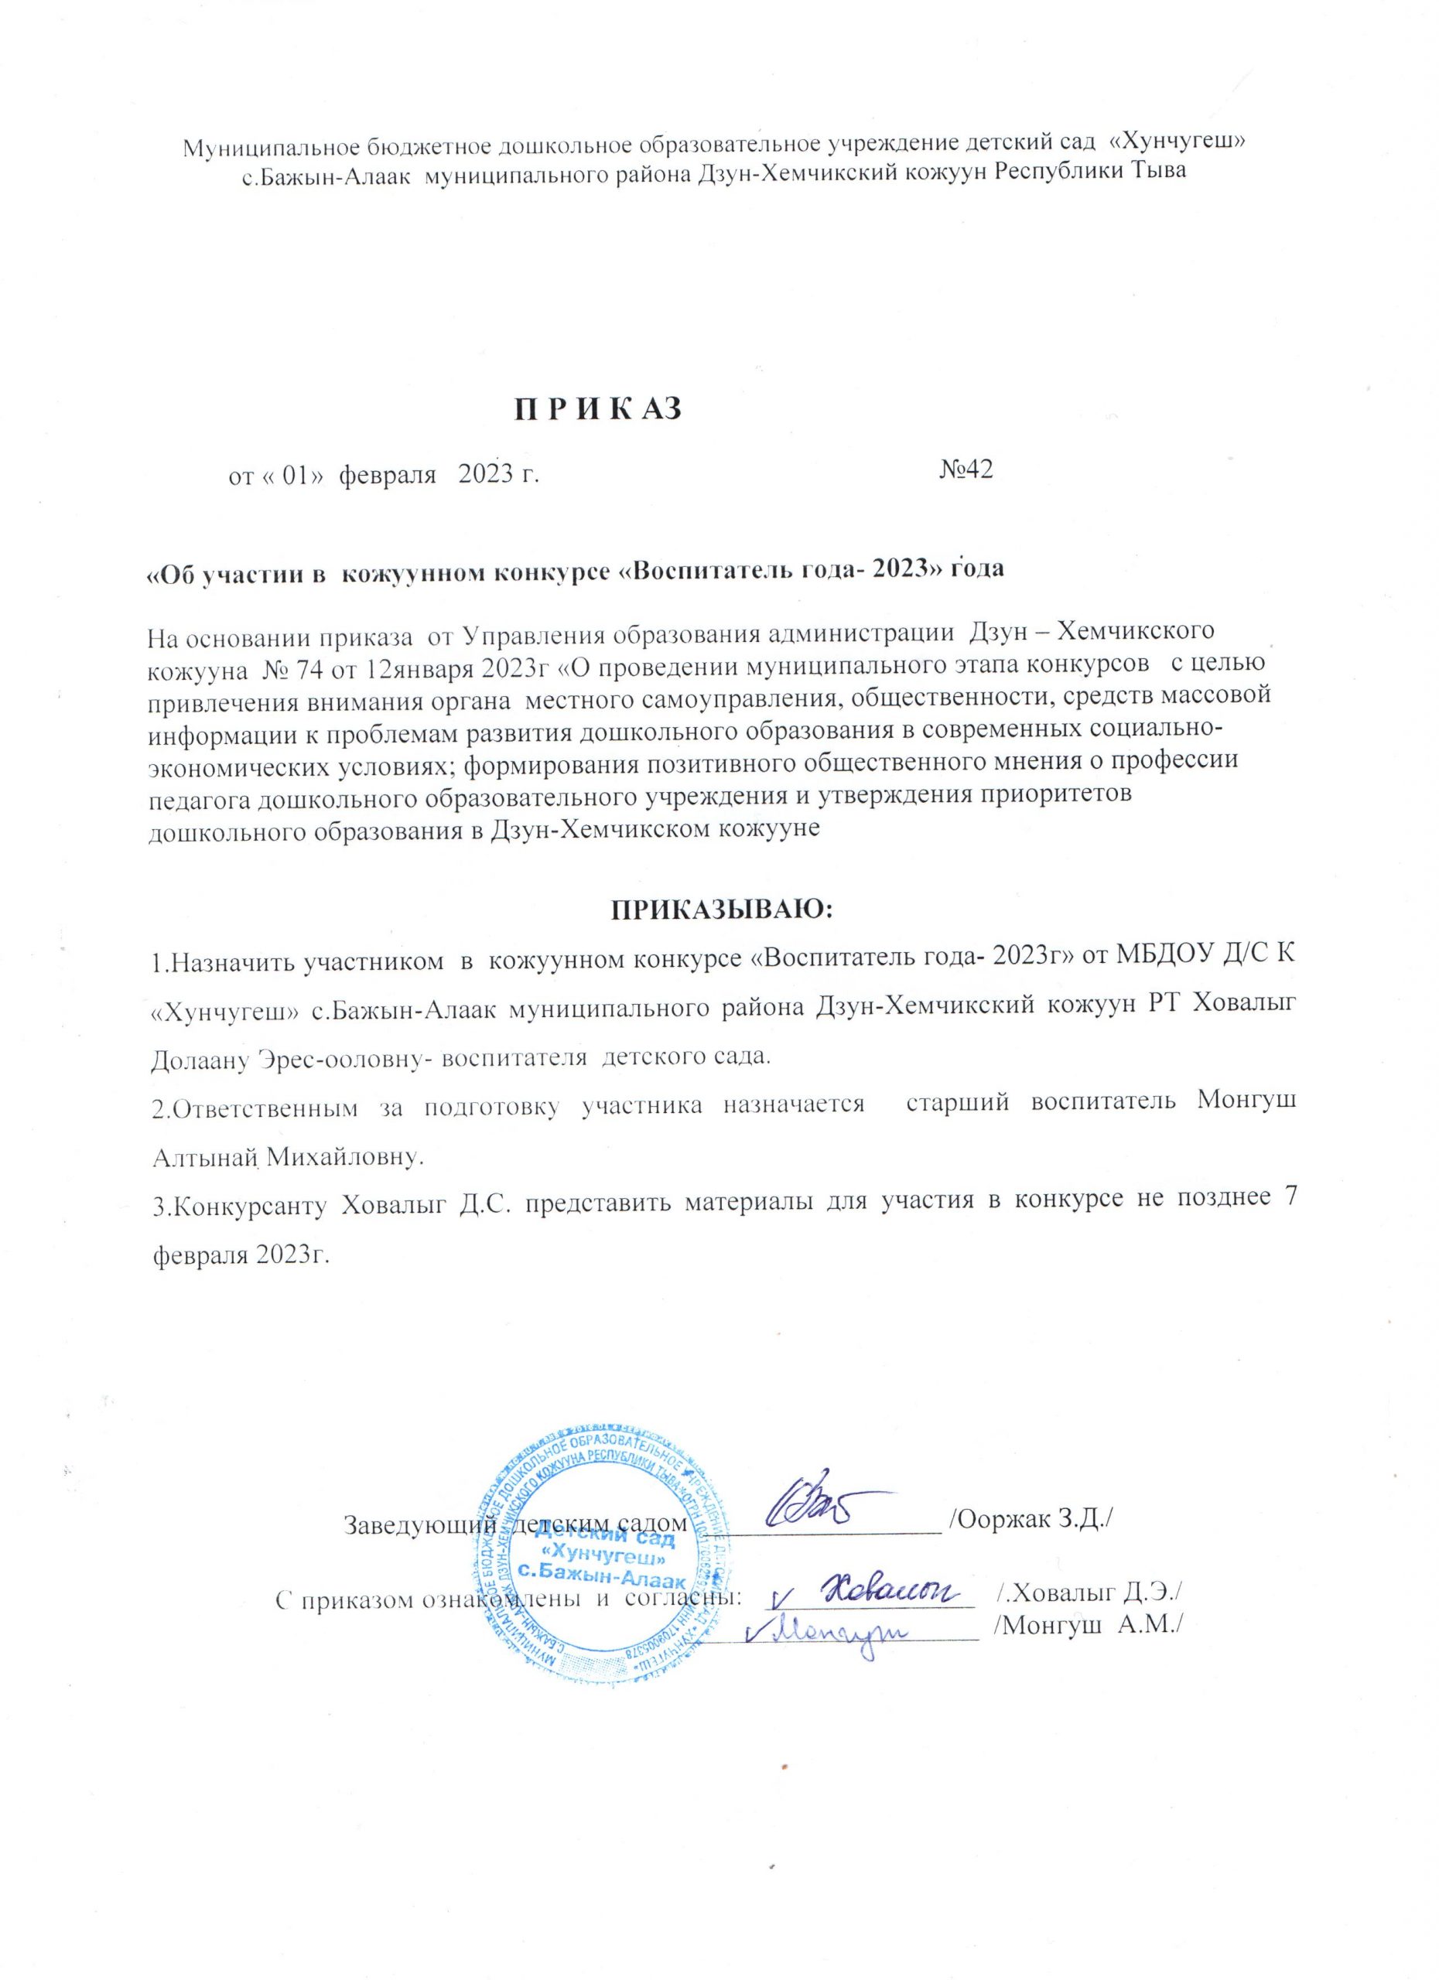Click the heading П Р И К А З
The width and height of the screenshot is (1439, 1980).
tap(596, 408)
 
